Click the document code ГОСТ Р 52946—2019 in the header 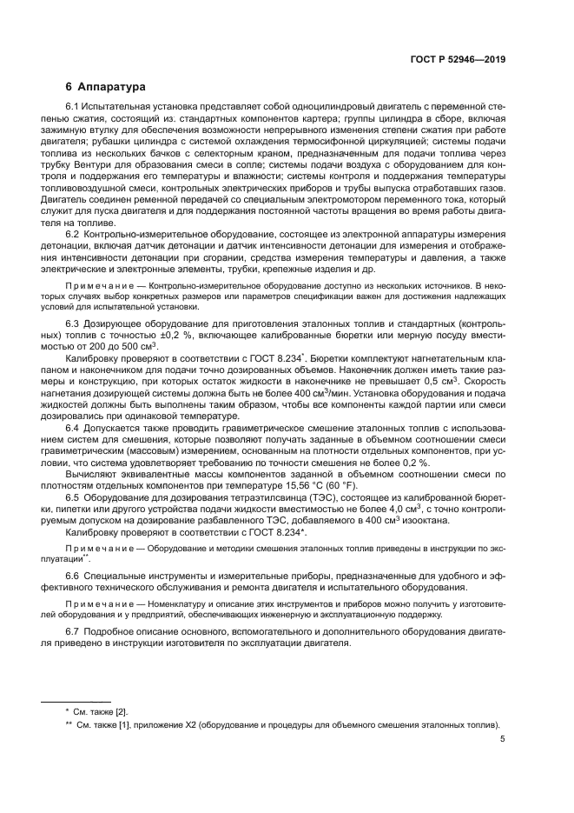coord(457,59)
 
